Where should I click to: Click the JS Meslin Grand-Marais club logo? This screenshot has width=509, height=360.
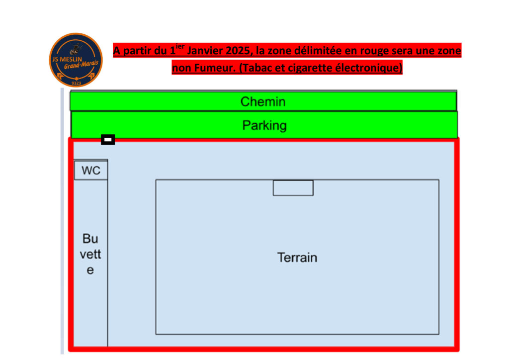(x=76, y=60)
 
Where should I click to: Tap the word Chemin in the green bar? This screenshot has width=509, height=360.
(x=263, y=101)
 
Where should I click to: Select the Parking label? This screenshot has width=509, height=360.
(x=264, y=126)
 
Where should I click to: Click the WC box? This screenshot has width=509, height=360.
(x=91, y=170)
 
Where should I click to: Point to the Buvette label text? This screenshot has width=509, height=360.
(x=90, y=254)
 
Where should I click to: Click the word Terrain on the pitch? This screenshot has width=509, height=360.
(x=297, y=258)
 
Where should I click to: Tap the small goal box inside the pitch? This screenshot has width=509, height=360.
(x=293, y=188)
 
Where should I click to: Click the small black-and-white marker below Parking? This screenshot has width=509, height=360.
(x=108, y=140)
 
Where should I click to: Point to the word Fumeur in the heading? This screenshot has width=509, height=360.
(x=214, y=68)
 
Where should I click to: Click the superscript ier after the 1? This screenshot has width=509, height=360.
(x=180, y=46)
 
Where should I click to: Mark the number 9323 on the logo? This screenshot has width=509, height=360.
(x=76, y=84)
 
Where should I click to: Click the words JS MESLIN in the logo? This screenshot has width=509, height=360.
(x=67, y=59)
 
